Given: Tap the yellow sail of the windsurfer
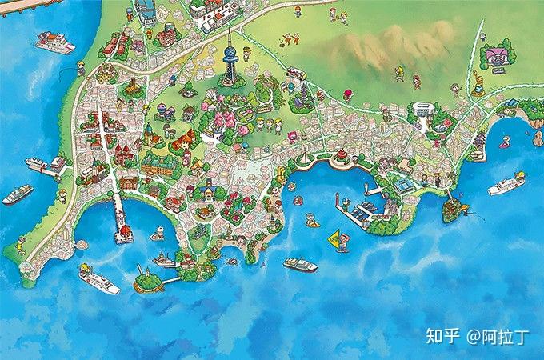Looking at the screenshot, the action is pos(334,237).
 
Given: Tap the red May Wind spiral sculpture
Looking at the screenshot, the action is pos(341,155).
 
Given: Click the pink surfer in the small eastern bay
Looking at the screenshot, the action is pos(504,145).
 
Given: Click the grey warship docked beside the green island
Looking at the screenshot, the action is pos(166,260).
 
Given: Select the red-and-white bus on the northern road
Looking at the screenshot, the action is pos(295,73).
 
